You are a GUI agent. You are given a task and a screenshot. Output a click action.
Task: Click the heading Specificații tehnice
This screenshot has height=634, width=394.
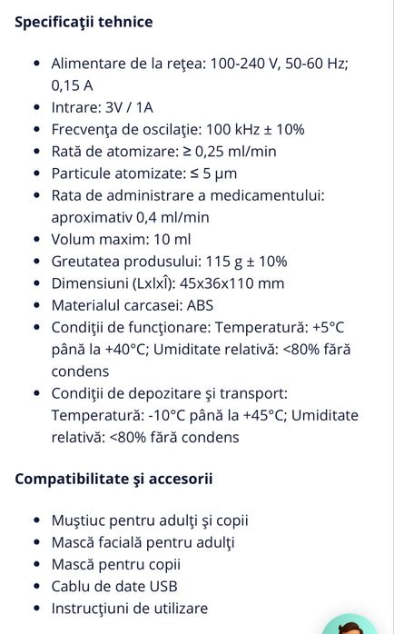tap(84, 22)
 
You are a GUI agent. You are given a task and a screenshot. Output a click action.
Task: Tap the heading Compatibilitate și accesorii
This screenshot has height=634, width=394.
tap(113, 478)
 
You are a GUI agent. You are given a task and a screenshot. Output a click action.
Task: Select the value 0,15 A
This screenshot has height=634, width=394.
tap(72, 85)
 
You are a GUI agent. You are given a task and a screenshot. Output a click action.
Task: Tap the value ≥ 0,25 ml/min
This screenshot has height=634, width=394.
tap(227, 151)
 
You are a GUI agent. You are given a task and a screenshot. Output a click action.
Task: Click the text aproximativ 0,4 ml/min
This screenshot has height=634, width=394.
tap(130, 216)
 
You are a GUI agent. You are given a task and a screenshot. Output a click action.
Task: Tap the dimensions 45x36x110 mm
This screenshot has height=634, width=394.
tap(231, 282)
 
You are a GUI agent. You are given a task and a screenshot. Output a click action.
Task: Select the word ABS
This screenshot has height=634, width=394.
tap(199, 305)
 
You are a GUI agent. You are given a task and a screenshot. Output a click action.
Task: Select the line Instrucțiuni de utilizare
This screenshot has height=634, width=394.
tap(130, 608)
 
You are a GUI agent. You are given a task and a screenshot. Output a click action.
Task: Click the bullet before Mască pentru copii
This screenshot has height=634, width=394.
tap(36, 565)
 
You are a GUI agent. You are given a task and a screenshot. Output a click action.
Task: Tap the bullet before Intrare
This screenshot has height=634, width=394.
tap(36, 108)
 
